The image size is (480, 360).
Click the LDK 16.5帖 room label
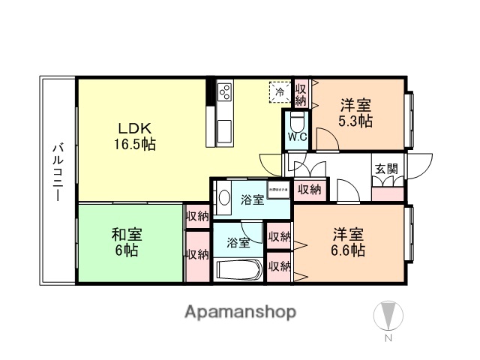point(135,135)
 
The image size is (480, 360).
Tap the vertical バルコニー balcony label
point(57,171)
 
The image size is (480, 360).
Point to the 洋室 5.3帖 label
point(355,112)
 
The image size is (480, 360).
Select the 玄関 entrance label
point(385,167)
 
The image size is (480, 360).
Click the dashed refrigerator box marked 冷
point(280,93)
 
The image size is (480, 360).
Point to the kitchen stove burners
point(224,94)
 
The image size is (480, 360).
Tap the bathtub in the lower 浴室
point(238,270)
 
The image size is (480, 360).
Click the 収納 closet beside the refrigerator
point(301,93)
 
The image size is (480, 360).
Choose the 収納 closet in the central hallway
point(309,190)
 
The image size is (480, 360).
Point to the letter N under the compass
point(388,339)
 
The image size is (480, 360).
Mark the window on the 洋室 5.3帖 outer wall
point(410,120)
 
